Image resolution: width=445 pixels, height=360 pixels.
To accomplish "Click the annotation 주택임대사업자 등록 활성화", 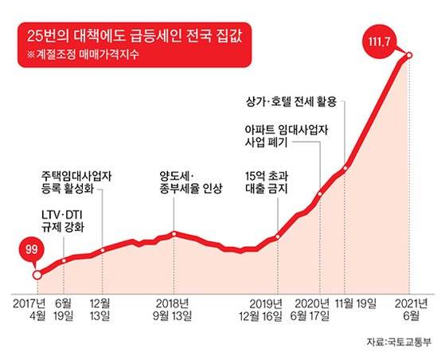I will (76, 183).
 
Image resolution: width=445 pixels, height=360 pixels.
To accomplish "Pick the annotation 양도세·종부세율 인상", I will (189, 182).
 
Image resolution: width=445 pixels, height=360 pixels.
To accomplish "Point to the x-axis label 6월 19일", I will (64, 309).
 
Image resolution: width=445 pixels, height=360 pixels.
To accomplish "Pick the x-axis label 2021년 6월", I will (408, 309).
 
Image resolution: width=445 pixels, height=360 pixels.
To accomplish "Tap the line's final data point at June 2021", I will (408, 55).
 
